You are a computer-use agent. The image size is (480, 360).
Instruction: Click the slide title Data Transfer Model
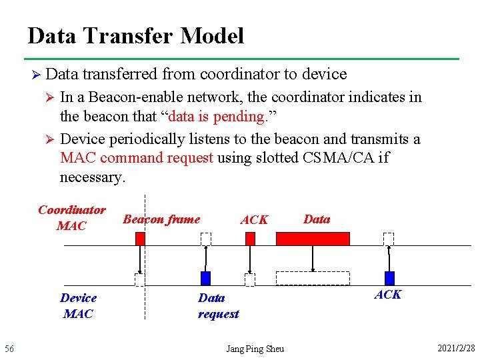tap(136, 35)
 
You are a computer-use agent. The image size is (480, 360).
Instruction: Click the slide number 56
tap(9, 349)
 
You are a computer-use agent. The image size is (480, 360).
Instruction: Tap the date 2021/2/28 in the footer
tap(456, 349)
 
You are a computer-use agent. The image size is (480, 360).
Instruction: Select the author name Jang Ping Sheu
tap(255, 349)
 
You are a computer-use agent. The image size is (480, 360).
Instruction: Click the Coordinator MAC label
tap(71, 218)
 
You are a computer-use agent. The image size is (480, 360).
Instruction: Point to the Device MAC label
tap(78, 305)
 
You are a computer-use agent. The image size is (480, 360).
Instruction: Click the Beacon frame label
tap(161, 219)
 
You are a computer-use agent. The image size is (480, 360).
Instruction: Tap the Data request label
tap(218, 306)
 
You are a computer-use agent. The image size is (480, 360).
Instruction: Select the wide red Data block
tap(313, 239)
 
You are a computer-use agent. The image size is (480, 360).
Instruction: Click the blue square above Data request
tap(206, 278)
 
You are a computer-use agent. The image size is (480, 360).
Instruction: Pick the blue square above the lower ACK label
tap(389, 278)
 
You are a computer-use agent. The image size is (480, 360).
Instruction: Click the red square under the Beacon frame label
tap(140, 239)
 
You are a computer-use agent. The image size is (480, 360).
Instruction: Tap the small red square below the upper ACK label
tap(250, 239)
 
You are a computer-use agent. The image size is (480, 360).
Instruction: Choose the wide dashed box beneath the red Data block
tap(313, 278)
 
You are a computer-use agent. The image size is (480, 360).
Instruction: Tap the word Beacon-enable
tap(136, 97)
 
